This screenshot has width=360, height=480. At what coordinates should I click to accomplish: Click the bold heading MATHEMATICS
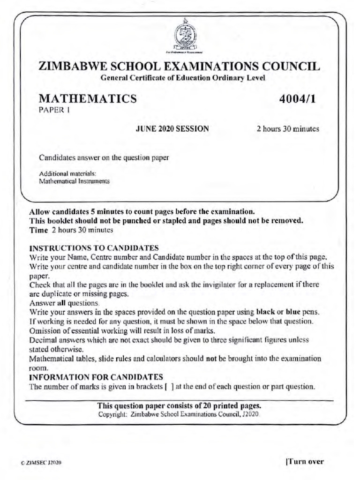tap(88, 99)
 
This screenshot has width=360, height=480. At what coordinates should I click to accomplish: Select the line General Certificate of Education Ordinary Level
tap(183, 78)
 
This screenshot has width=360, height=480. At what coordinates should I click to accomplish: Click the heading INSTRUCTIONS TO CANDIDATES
tap(94, 248)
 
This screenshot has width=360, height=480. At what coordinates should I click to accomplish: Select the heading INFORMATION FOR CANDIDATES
tap(96, 377)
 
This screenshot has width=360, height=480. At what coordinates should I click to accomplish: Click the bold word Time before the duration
tap(38, 230)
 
